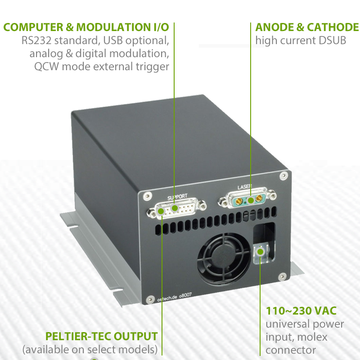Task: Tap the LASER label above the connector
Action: click(x=245, y=187)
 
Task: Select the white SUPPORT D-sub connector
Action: click(x=175, y=209)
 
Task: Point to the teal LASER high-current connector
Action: click(x=247, y=199)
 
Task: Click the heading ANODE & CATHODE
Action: click(x=307, y=27)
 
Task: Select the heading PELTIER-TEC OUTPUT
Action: click(x=101, y=336)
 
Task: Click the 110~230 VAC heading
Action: click(x=301, y=311)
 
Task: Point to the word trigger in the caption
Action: click(x=153, y=67)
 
